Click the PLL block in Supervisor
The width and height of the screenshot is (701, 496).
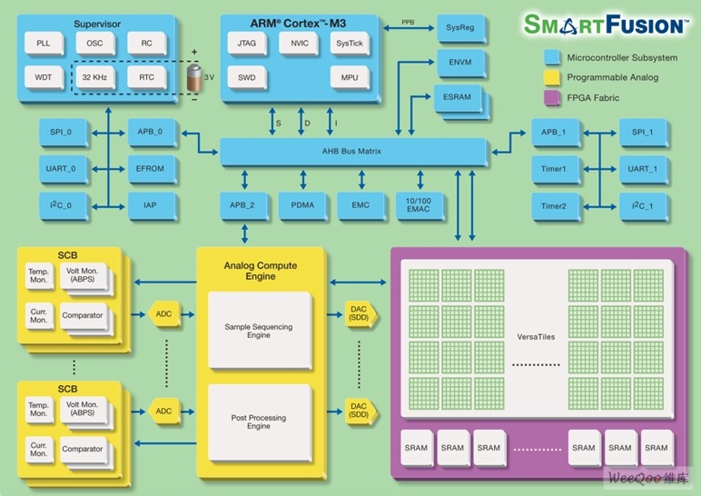(x=44, y=44)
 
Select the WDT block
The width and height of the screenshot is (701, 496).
(x=44, y=76)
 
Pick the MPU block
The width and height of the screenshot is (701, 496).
(x=350, y=77)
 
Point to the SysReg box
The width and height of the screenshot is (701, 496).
(x=459, y=28)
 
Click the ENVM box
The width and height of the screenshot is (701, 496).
(x=459, y=64)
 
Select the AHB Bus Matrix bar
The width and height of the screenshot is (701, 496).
(x=356, y=151)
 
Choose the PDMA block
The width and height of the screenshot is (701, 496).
(x=302, y=205)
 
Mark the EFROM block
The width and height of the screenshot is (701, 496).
(x=150, y=168)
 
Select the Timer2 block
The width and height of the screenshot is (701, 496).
(x=553, y=205)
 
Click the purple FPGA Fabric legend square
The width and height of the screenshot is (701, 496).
(x=550, y=96)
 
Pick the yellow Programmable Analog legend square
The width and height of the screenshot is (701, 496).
(x=550, y=77)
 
